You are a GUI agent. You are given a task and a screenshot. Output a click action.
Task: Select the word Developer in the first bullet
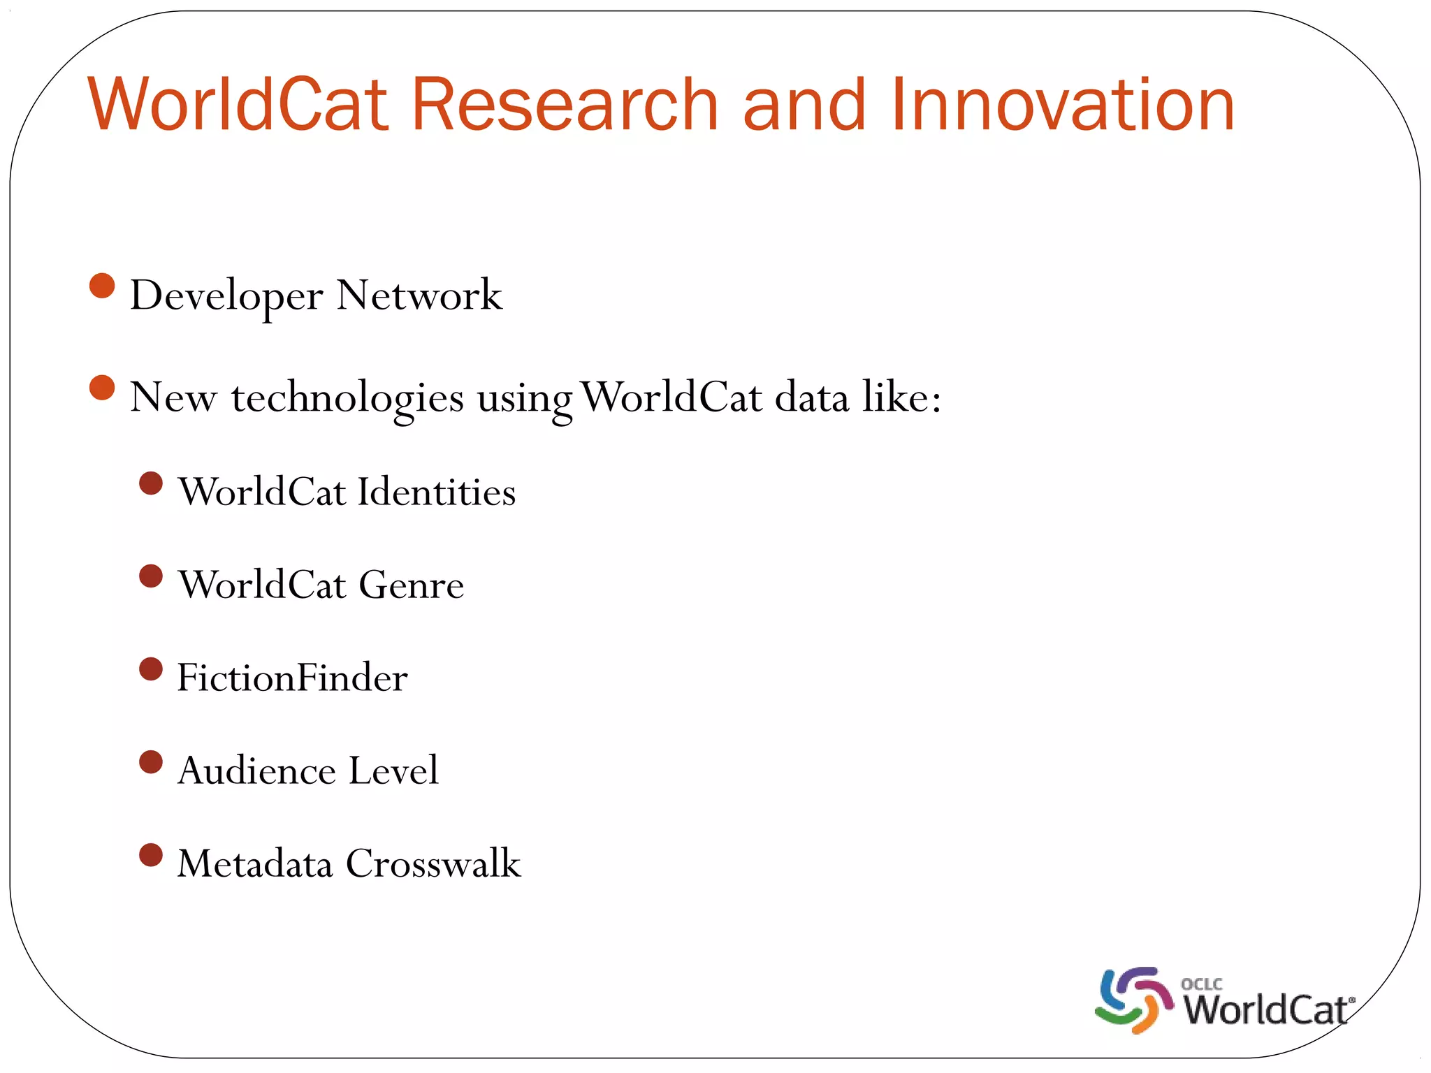(x=226, y=296)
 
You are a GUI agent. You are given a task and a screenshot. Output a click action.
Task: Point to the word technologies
(x=347, y=398)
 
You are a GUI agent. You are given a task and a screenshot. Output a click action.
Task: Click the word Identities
(x=437, y=492)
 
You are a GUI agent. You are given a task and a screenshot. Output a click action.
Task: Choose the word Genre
(x=411, y=585)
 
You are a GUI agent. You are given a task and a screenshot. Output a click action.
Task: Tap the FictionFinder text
(x=292, y=678)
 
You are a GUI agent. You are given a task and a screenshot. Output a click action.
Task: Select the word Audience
(x=256, y=771)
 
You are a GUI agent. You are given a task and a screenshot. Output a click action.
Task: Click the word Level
(x=393, y=771)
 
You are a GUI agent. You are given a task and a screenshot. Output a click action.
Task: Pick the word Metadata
(x=254, y=863)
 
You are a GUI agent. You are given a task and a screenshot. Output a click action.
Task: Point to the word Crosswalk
(x=433, y=863)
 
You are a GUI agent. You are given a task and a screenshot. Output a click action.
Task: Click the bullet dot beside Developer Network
(x=102, y=286)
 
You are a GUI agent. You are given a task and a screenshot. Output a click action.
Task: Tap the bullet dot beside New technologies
(x=102, y=388)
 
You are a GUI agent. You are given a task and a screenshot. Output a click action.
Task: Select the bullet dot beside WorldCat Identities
(x=151, y=483)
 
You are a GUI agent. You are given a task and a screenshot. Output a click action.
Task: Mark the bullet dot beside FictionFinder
(x=151, y=669)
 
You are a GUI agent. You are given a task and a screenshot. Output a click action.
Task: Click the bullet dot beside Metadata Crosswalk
(x=151, y=854)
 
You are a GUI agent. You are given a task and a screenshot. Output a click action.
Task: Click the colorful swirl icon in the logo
(x=1133, y=1000)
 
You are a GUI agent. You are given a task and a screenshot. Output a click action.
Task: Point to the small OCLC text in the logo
(x=1201, y=984)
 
